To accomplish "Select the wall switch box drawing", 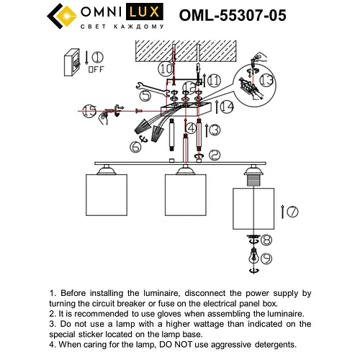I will pyautogui.click(x=73, y=64).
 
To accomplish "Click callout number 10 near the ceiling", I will pyautogui.click(x=166, y=70).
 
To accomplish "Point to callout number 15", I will pyautogui.click(x=89, y=111).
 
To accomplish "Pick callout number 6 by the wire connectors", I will pyautogui.click(x=135, y=147).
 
